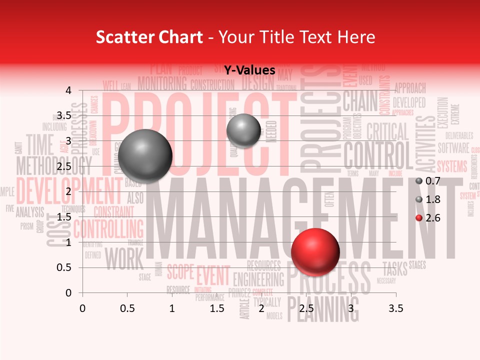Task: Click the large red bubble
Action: point(315,251)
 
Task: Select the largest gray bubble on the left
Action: point(145,155)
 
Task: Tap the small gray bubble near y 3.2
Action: point(243,130)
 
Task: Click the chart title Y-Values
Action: point(249,70)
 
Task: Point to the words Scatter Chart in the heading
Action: point(149,36)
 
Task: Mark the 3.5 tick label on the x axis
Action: point(395,309)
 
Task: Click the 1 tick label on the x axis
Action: point(172,309)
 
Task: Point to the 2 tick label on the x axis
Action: point(261,309)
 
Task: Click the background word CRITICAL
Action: point(387,132)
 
